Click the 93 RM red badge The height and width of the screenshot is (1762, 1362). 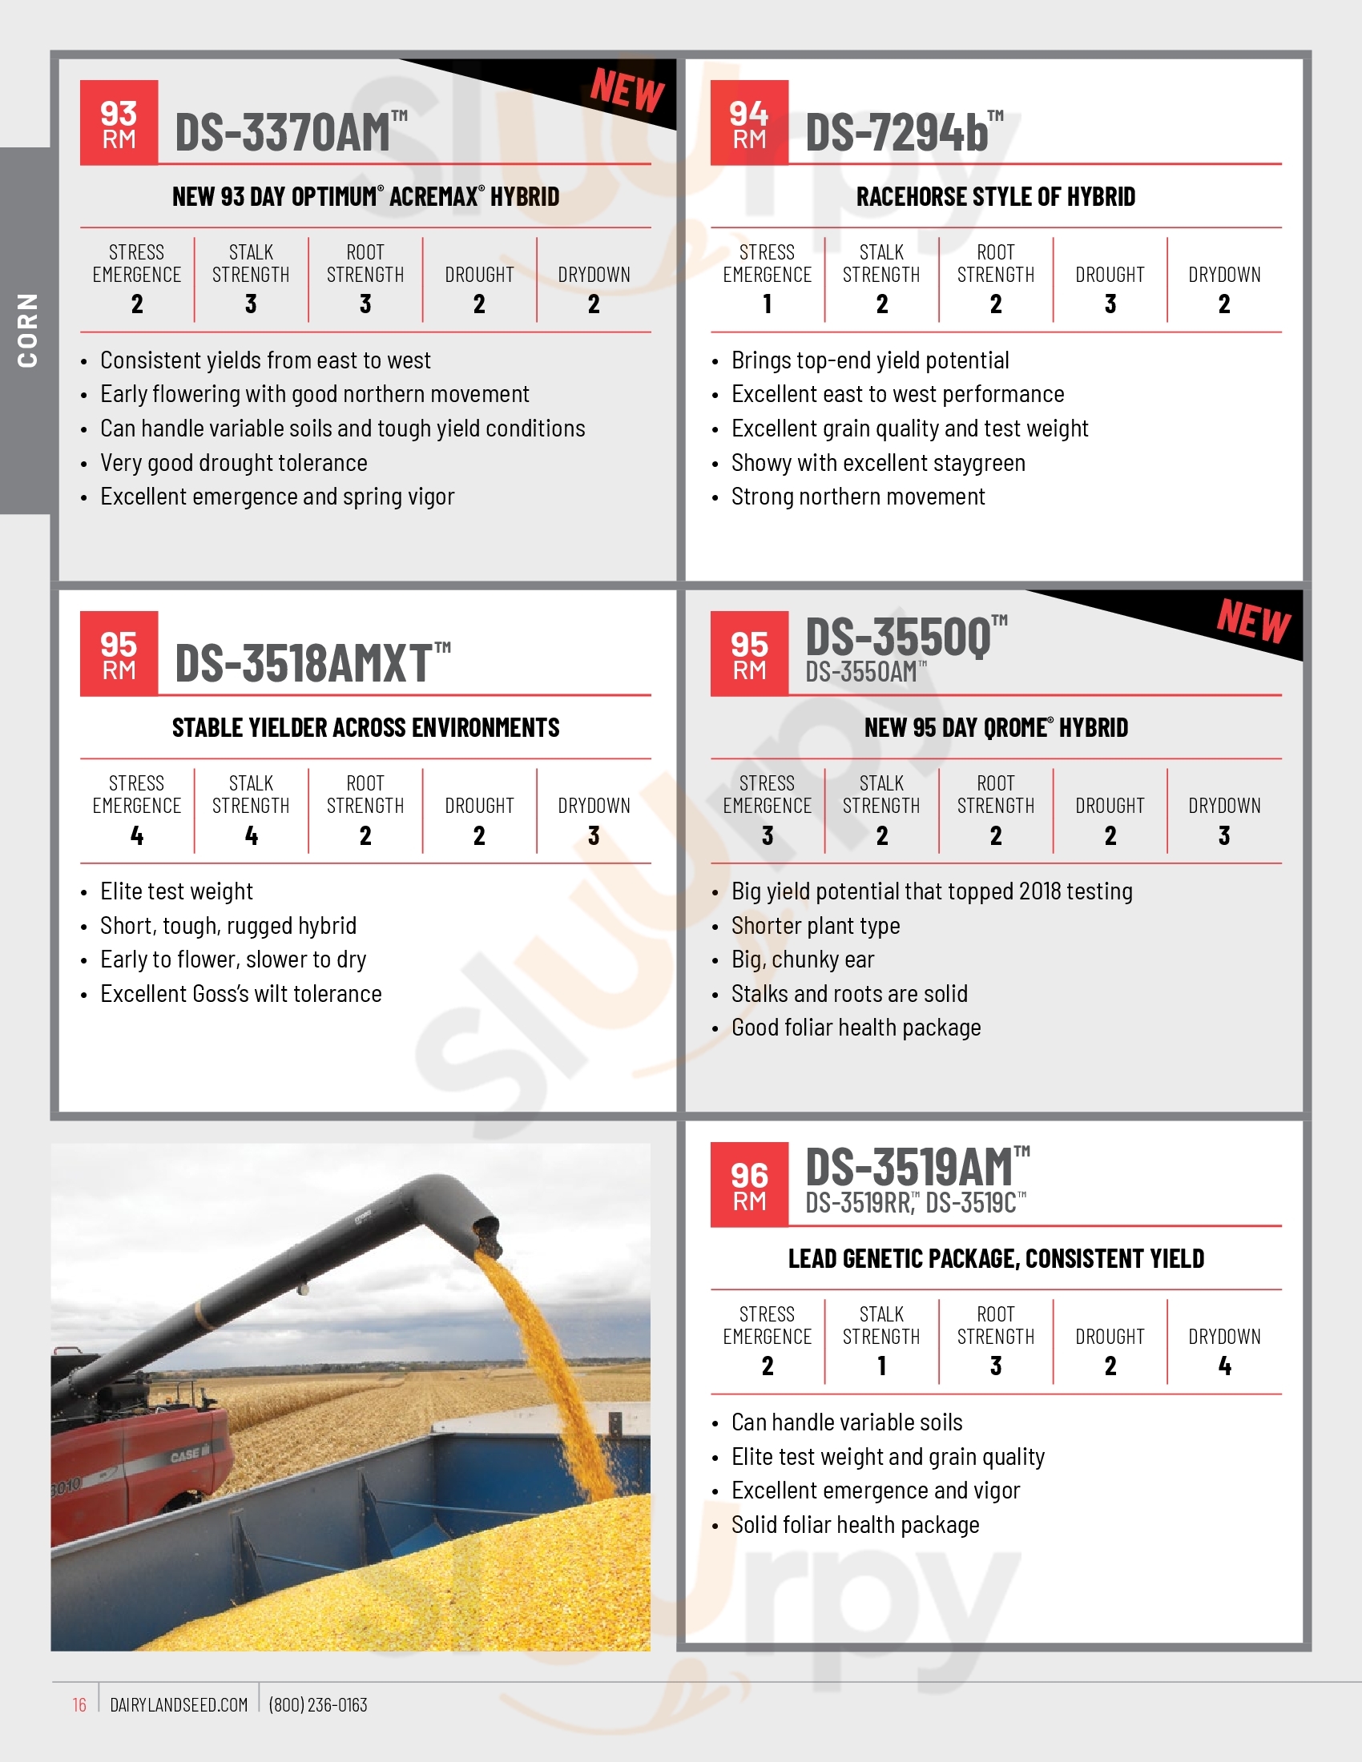[119, 123]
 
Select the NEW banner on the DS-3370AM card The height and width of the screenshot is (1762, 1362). [627, 90]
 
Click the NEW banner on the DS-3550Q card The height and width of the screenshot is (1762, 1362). [1253, 622]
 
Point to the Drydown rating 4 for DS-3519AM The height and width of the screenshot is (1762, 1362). [1224, 1366]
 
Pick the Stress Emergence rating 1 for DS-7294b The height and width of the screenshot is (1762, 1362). [767, 304]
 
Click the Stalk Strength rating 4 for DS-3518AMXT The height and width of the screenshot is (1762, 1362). [251, 836]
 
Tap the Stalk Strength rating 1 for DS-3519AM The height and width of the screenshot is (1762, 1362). [881, 1366]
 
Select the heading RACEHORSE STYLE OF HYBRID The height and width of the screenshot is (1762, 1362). [995, 197]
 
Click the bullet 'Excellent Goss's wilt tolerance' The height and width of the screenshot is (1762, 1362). [240, 994]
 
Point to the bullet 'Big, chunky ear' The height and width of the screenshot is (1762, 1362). [802, 959]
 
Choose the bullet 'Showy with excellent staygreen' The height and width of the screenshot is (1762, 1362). [878, 463]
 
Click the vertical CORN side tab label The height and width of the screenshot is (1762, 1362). [27, 330]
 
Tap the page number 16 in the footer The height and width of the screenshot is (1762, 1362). [79, 1704]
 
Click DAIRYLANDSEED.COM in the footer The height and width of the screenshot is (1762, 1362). [179, 1704]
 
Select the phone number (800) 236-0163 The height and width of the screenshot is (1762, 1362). [318, 1704]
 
